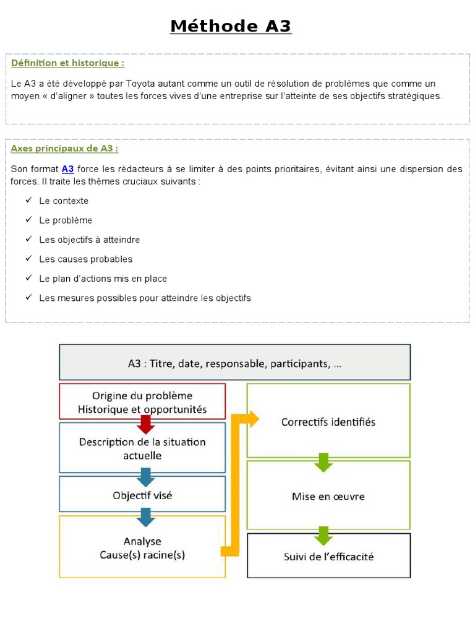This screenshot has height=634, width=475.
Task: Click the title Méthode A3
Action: pyautogui.click(x=231, y=27)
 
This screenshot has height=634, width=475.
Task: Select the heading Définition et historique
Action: pyautogui.click(x=67, y=63)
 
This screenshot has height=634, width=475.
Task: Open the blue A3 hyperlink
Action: pyautogui.click(x=67, y=169)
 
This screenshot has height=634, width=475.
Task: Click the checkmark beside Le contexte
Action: pyautogui.click(x=28, y=201)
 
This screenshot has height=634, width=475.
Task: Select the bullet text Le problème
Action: pyautogui.click(x=66, y=220)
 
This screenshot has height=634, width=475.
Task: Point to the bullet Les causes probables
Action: pyautogui.click(x=85, y=259)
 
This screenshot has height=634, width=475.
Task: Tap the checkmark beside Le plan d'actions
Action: pyautogui.click(x=28, y=279)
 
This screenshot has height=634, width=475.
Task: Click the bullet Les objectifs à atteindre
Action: pyautogui.click(x=89, y=240)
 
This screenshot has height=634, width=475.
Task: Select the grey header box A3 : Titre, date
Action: pyautogui.click(x=234, y=363)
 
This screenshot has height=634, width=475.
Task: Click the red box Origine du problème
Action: pyautogui.click(x=142, y=402)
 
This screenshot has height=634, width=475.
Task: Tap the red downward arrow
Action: pyautogui.click(x=145, y=424)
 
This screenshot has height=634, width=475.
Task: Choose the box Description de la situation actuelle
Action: pyautogui.click(x=142, y=448)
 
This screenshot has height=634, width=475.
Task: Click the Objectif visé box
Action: pyautogui.click(x=142, y=495)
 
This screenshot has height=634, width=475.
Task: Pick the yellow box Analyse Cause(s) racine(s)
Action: pyautogui.click(x=142, y=547)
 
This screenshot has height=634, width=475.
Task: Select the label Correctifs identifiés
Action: pyautogui.click(x=328, y=422)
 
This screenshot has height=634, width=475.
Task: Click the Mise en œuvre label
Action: pyautogui.click(x=328, y=496)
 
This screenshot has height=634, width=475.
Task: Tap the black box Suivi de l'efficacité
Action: pyautogui.click(x=328, y=556)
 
